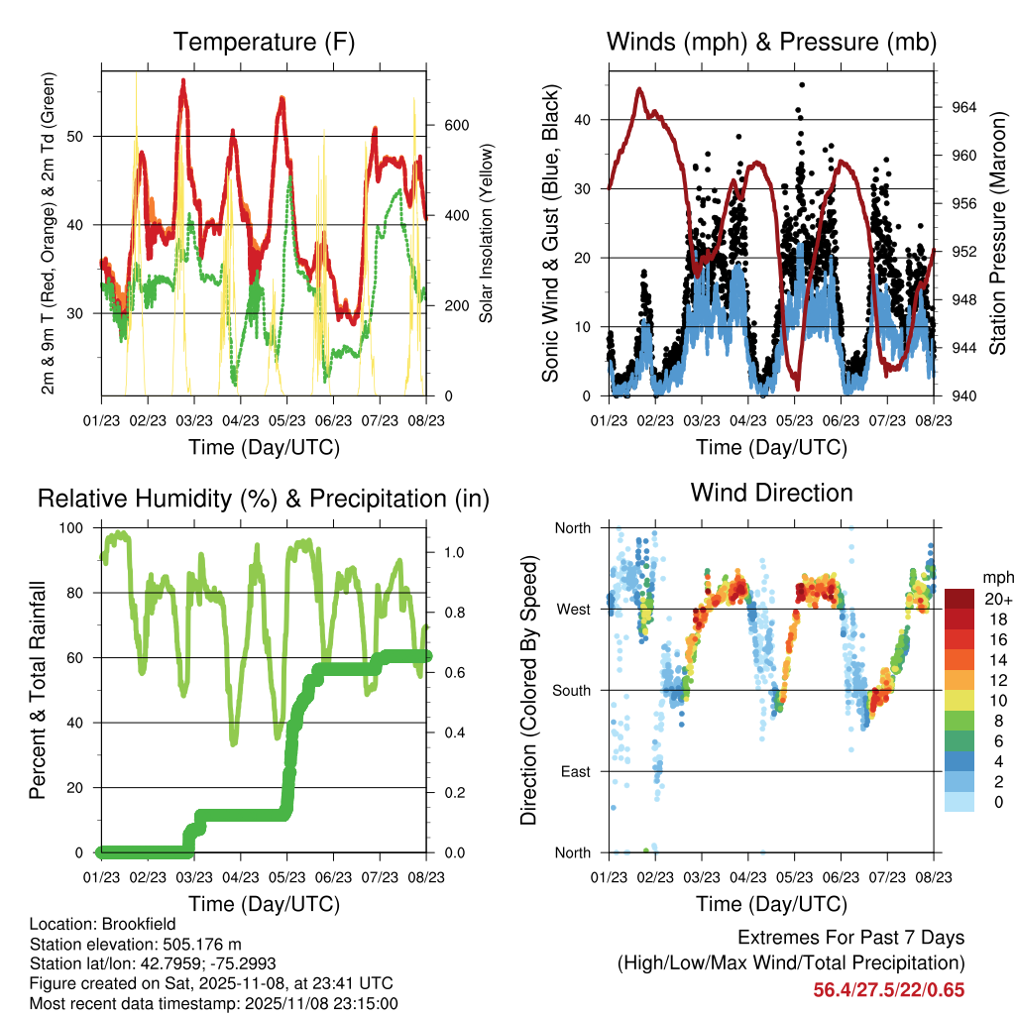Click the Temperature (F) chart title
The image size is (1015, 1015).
pos(264,43)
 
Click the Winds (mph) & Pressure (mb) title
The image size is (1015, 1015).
pos(771,43)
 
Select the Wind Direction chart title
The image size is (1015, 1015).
pos(771,493)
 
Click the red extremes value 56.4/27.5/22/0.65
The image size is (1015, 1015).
pos(889,989)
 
